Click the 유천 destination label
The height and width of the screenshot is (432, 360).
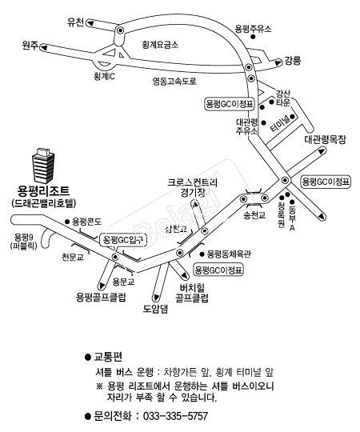(x=75, y=22)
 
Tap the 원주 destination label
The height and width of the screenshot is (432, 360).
(x=30, y=46)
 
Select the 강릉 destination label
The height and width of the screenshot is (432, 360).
(x=293, y=61)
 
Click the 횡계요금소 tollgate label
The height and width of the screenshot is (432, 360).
(x=160, y=44)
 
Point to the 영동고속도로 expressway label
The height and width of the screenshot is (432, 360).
(x=174, y=81)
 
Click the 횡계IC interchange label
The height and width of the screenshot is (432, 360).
(x=104, y=76)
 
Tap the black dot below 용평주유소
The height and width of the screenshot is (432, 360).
(x=253, y=37)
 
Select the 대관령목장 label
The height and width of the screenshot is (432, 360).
(x=325, y=140)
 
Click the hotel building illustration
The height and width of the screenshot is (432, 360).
(x=43, y=166)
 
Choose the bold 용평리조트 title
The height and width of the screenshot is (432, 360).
(x=43, y=190)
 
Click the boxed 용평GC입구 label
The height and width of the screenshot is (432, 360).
(x=123, y=241)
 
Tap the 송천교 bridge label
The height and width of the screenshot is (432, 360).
(x=254, y=215)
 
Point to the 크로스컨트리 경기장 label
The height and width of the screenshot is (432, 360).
(x=192, y=186)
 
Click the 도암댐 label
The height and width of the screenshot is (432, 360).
(x=155, y=309)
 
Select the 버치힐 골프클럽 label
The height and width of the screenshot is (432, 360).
(x=192, y=293)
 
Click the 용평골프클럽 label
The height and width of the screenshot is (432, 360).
(x=101, y=298)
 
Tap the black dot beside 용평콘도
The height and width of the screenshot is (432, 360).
(x=66, y=222)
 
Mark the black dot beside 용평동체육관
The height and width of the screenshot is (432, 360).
(x=202, y=254)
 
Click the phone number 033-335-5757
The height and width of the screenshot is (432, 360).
(x=175, y=416)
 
